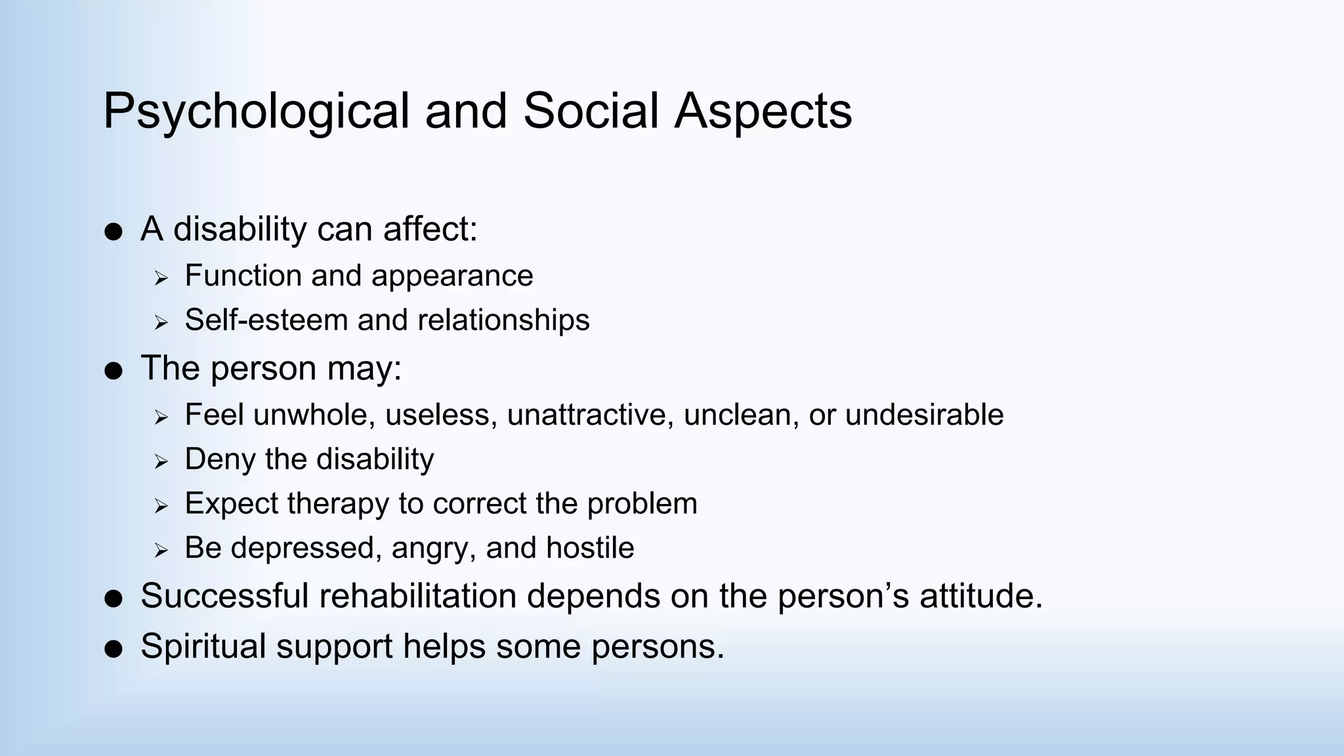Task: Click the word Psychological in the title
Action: pyautogui.click(x=256, y=112)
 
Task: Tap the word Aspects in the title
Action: pyautogui.click(x=763, y=112)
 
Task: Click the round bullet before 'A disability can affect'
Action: pyautogui.click(x=114, y=232)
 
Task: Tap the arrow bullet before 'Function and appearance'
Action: pyautogui.click(x=161, y=278)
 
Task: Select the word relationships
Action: pyautogui.click(x=503, y=320)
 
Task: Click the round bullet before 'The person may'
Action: pyautogui.click(x=114, y=371)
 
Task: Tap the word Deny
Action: pyautogui.click(x=220, y=459)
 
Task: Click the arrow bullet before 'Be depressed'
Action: pyautogui.click(x=161, y=550)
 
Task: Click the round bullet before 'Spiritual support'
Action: pyautogui.click(x=114, y=649)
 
